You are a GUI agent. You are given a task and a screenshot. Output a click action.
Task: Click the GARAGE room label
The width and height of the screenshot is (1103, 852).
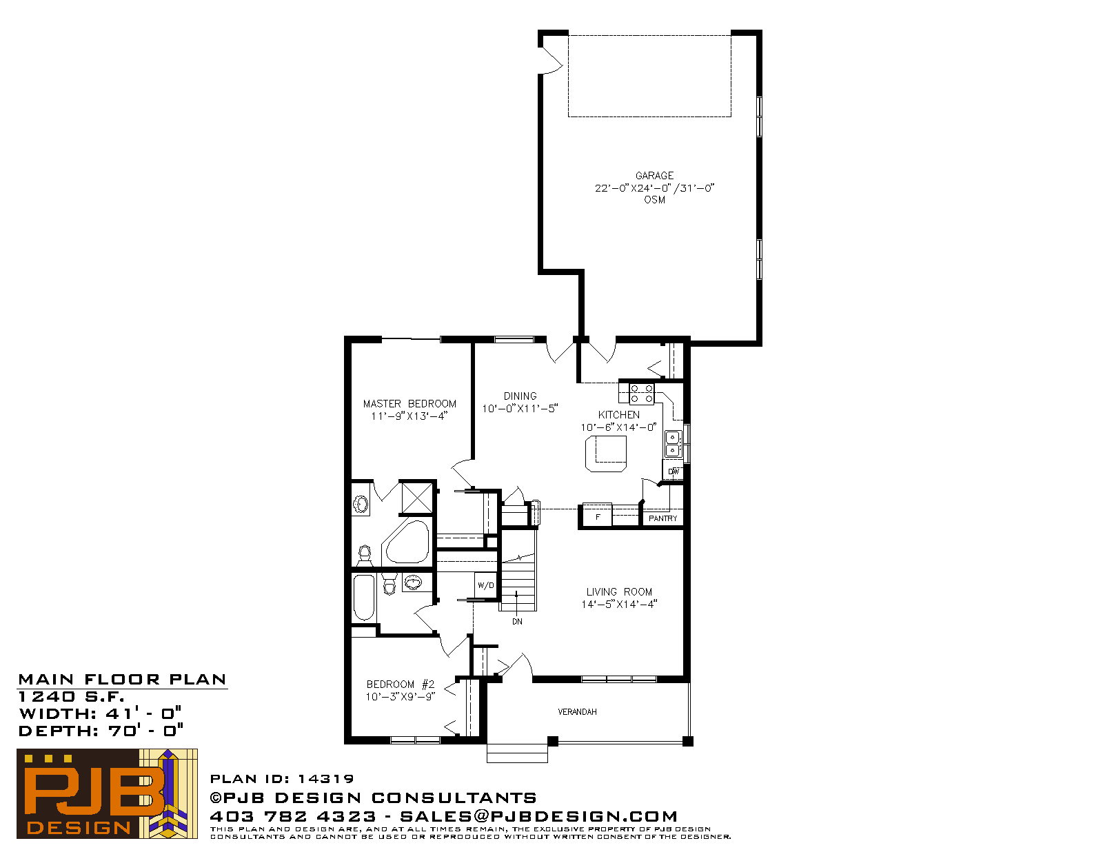click(x=654, y=176)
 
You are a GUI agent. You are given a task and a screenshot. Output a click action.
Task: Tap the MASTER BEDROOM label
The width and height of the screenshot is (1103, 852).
click(x=409, y=404)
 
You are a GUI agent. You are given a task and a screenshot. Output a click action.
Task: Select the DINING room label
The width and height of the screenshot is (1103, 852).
click(x=520, y=396)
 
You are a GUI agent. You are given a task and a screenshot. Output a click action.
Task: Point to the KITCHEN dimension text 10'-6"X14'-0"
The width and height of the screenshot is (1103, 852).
click(x=619, y=427)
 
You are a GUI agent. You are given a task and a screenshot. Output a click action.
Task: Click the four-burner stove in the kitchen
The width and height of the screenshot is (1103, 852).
click(x=642, y=394)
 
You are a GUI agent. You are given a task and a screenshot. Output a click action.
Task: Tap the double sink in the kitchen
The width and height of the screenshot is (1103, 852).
click(x=673, y=443)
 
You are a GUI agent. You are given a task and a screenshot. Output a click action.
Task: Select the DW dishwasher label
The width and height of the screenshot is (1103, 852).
click(x=674, y=472)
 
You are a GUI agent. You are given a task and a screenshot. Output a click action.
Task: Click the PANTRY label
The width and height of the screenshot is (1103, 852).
click(x=663, y=518)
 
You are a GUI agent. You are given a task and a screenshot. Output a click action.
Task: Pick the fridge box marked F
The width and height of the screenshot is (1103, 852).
click(x=598, y=516)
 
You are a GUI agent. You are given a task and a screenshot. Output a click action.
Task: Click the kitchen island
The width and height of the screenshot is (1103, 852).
click(x=606, y=454)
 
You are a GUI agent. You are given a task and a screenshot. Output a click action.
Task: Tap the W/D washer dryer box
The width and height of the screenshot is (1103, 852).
click(x=486, y=585)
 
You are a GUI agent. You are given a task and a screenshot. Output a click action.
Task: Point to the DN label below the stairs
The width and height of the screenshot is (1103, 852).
click(x=517, y=622)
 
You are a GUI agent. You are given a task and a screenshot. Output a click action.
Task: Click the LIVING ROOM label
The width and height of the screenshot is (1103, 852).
click(x=619, y=591)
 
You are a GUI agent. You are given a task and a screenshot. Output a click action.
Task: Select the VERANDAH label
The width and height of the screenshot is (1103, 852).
click(x=577, y=712)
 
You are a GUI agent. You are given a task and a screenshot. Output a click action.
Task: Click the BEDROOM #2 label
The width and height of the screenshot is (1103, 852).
click(x=401, y=684)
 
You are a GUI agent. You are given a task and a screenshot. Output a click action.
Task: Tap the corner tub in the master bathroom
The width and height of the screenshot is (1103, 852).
click(x=407, y=542)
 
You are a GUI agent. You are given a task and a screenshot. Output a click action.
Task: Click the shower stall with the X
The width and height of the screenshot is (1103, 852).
click(x=417, y=498)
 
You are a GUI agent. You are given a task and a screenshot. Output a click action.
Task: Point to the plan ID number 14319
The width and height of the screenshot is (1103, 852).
click(x=326, y=778)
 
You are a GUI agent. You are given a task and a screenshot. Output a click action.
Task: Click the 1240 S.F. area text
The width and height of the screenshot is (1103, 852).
click(x=71, y=697)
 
